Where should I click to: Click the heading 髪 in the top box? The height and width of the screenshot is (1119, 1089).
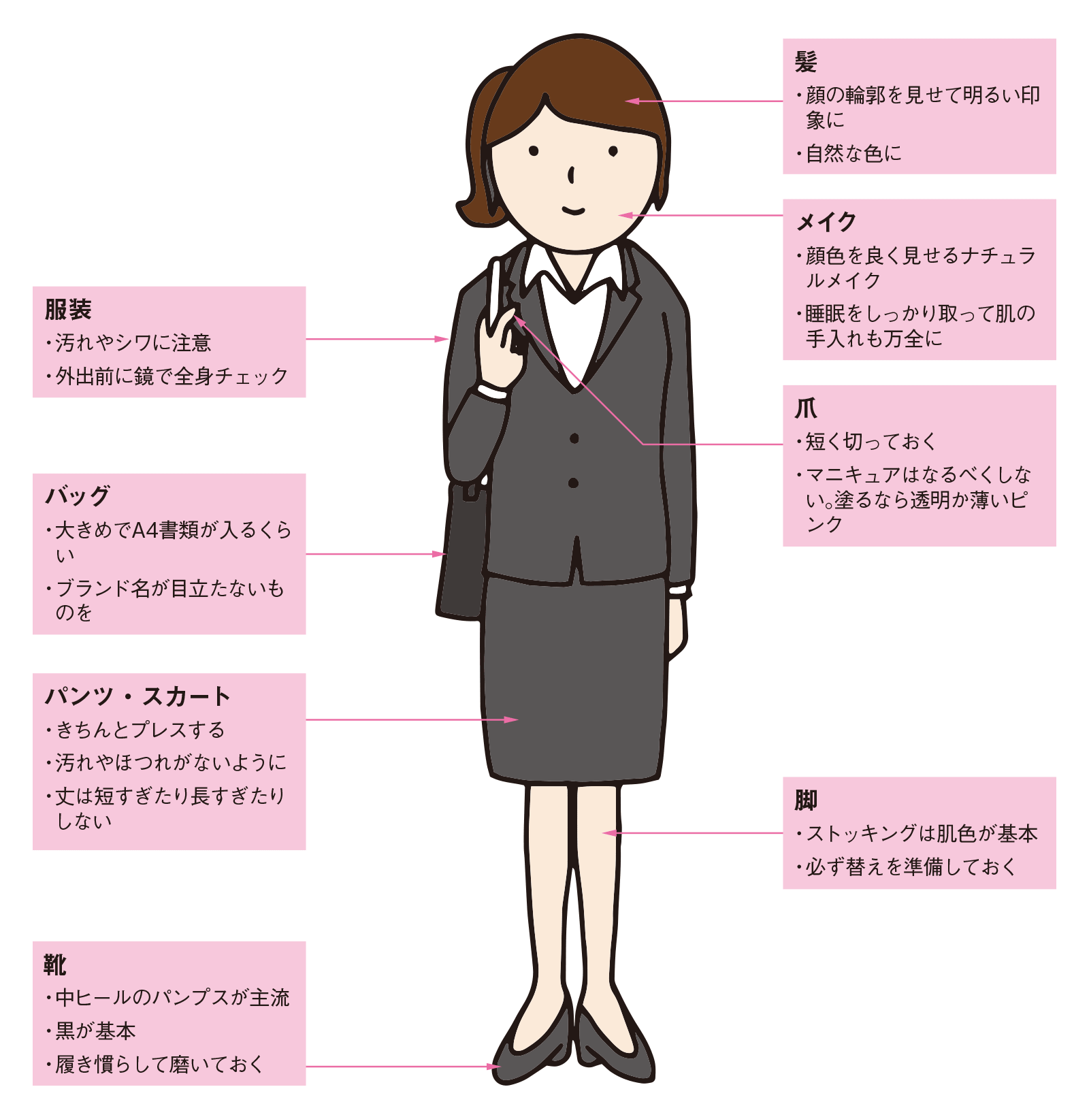(x=806, y=62)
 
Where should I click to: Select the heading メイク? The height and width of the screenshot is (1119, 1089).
(x=826, y=222)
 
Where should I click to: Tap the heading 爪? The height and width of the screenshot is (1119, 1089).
(x=806, y=408)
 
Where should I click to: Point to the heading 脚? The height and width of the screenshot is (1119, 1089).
(x=806, y=800)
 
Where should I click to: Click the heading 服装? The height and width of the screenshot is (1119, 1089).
(x=68, y=310)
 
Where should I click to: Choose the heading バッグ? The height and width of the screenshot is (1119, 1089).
(x=78, y=496)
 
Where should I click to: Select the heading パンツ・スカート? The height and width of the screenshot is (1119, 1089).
(x=137, y=696)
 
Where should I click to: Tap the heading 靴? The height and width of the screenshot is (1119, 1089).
(x=55, y=964)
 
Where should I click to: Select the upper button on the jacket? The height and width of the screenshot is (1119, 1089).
(x=574, y=439)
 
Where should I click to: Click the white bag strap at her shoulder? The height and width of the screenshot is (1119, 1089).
(x=495, y=293)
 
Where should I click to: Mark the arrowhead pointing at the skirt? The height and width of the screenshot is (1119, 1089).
(x=510, y=719)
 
